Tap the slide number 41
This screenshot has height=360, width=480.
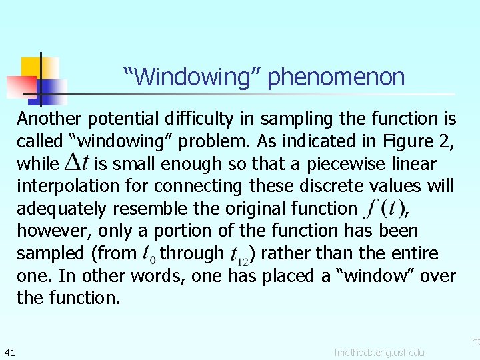[x=9, y=351]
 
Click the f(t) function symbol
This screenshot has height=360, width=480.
[x=383, y=209]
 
